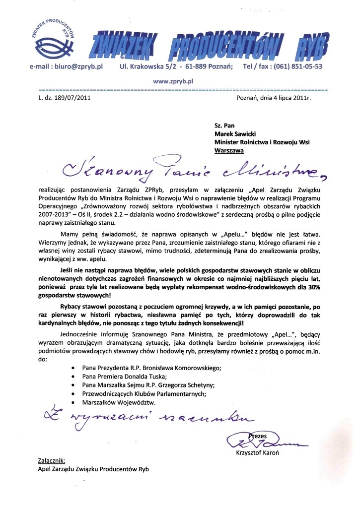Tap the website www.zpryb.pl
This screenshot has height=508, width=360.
pyautogui.click(x=173, y=79)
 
